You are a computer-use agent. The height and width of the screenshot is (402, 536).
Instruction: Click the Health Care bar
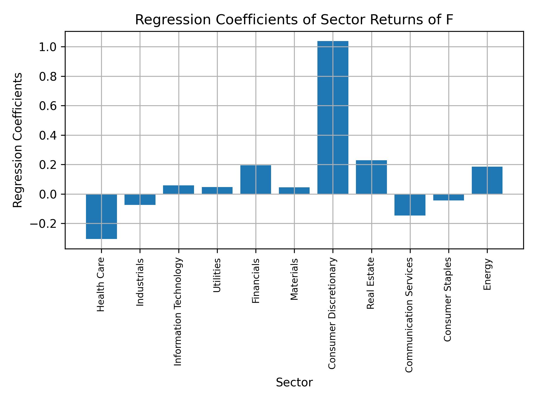click(101, 216)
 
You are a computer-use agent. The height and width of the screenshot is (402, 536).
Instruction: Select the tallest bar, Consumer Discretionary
click(333, 118)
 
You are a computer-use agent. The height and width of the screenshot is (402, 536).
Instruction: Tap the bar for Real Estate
click(371, 177)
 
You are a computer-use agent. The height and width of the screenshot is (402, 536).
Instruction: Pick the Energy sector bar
click(487, 180)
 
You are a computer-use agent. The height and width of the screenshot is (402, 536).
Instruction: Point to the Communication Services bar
click(410, 205)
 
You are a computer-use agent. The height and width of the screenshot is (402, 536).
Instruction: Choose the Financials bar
click(256, 180)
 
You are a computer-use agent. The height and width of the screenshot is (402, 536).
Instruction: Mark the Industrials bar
click(140, 199)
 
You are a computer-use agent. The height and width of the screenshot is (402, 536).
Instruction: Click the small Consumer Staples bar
click(449, 197)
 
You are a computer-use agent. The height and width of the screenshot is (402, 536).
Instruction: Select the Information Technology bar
click(178, 190)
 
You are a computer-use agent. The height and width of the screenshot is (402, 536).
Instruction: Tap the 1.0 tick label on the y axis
click(48, 47)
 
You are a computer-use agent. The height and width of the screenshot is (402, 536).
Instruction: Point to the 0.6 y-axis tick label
click(48, 106)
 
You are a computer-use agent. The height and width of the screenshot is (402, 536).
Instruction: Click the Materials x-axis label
click(294, 279)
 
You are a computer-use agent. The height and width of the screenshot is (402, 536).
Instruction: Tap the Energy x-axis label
click(487, 274)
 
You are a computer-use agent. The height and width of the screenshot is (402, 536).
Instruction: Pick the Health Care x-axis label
click(101, 284)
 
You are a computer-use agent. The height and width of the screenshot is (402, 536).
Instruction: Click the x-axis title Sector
click(294, 382)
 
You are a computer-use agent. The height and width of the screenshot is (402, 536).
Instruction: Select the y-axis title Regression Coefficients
click(18, 140)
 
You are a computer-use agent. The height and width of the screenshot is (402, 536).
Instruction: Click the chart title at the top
click(294, 20)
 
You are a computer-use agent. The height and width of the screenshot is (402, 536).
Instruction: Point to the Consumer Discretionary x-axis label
click(332, 313)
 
